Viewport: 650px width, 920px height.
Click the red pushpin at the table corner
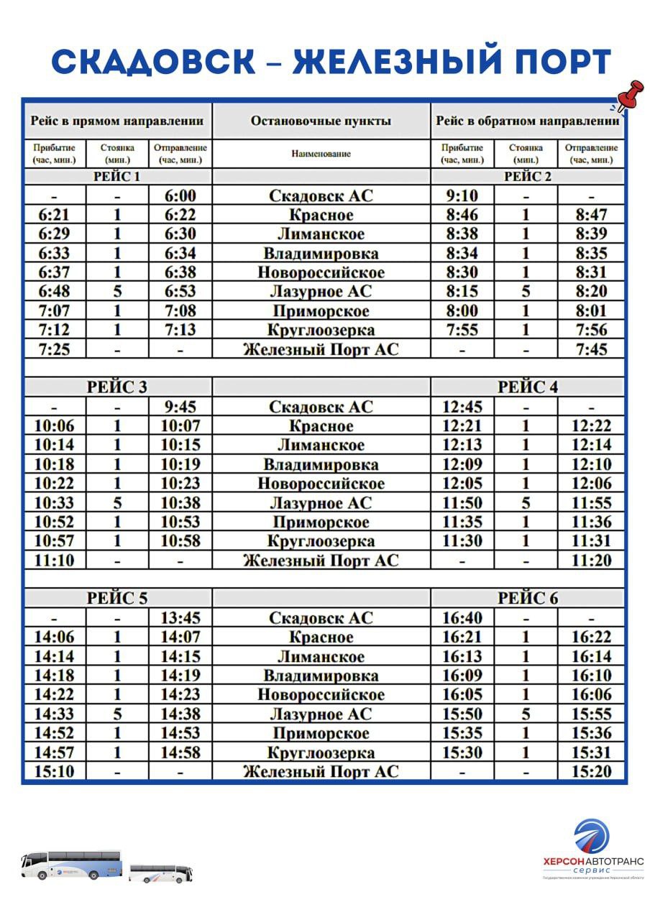tap(630, 96)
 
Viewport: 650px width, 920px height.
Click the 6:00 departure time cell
tap(180, 195)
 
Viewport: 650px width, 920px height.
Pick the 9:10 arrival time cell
tap(462, 195)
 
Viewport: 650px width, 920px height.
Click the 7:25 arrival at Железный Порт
tap(54, 349)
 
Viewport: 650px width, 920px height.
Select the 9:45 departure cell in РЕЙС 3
tap(180, 407)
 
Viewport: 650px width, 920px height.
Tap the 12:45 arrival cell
tap(462, 407)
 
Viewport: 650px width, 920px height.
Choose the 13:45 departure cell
tap(180, 617)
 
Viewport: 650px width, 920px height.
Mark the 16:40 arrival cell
tap(462, 617)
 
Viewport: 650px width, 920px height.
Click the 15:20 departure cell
tap(592, 771)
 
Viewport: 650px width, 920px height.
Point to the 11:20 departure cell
tap(592, 560)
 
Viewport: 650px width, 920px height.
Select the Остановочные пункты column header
tap(321, 121)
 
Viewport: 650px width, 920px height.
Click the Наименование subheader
tap(321, 154)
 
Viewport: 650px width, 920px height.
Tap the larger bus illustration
tap(71, 865)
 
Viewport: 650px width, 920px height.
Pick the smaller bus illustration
tap(160, 873)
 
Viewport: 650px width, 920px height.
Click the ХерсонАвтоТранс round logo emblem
tap(591, 837)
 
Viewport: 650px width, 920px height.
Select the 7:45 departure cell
tap(592, 349)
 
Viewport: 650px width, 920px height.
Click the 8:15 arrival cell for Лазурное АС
tap(462, 291)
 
